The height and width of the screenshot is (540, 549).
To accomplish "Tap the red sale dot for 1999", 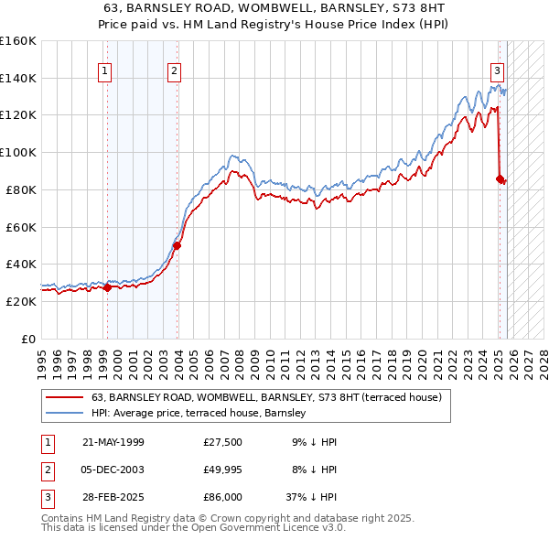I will [x=107, y=287].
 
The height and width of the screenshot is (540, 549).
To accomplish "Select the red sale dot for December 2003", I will [x=178, y=245].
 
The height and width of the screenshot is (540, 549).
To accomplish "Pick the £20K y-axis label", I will [x=21, y=301].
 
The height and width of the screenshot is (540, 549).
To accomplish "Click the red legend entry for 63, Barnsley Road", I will [x=266, y=397].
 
